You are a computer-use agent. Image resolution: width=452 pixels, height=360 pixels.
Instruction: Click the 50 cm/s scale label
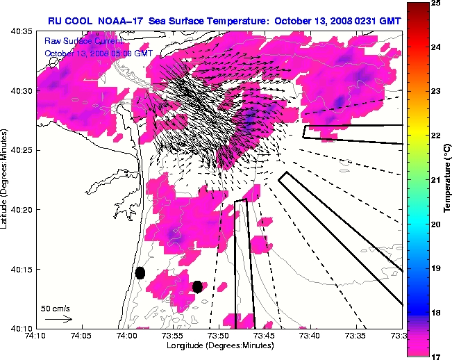(55, 308)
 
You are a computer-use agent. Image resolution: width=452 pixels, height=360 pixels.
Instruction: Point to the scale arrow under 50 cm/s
(58, 319)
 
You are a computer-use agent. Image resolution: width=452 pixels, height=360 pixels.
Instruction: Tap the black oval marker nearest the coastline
(140, 272)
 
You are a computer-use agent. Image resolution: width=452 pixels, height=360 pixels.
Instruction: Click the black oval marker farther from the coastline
(197, 286)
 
